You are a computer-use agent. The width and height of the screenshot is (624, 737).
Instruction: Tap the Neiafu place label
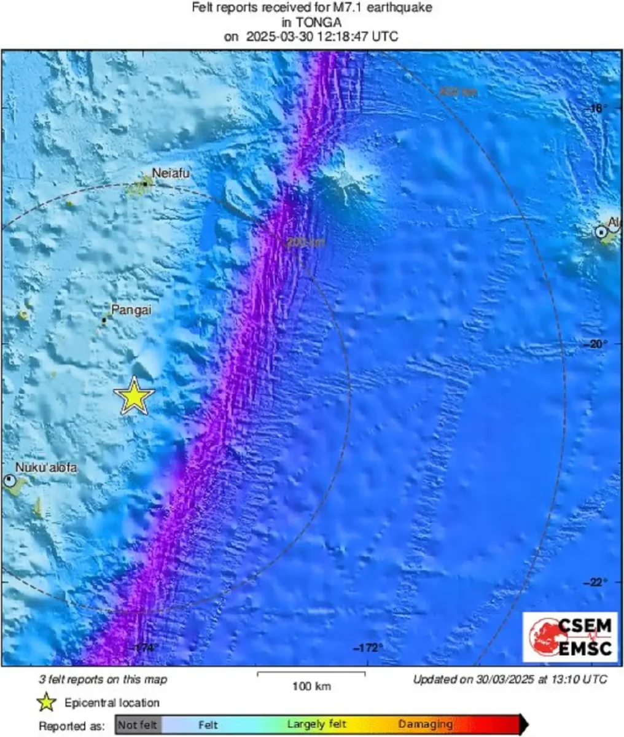pos(171,174)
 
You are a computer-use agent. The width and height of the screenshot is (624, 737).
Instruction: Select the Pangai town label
pos(131,310)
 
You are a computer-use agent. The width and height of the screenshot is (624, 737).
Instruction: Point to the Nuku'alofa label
pos(47,468)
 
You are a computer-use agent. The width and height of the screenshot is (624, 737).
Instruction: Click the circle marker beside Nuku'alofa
pos(10,481)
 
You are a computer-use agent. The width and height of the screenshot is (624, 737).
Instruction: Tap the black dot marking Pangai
pos(104,320)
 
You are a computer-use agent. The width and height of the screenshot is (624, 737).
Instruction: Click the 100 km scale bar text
pos(311,686)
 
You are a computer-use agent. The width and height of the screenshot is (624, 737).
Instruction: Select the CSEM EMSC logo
pos(570,637)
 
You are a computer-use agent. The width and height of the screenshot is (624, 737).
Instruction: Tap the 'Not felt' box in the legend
pos(137,725)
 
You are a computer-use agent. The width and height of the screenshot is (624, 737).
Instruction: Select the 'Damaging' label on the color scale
pos(426,725)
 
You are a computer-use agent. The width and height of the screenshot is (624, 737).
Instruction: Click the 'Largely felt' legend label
pos(316,725)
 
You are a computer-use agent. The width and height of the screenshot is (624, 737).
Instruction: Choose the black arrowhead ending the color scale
pos(523,725)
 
